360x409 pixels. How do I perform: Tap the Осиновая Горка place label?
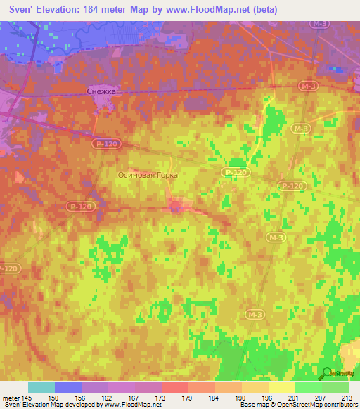[148, 176]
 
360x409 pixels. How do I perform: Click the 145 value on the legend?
[25, 398]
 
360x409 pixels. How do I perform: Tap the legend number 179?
[186, 398]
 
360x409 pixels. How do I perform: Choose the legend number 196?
[267, 398]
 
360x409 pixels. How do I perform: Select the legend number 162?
[105, 398]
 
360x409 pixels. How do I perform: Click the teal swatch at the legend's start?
[41, 387]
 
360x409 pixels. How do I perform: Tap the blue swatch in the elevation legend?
[68, 387]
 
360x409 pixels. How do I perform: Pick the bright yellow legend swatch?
[281, 387]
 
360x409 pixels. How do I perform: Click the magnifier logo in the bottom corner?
[328, 372]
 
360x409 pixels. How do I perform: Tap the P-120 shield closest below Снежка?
[105, 143]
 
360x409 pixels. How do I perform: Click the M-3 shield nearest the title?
[320, 24]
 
